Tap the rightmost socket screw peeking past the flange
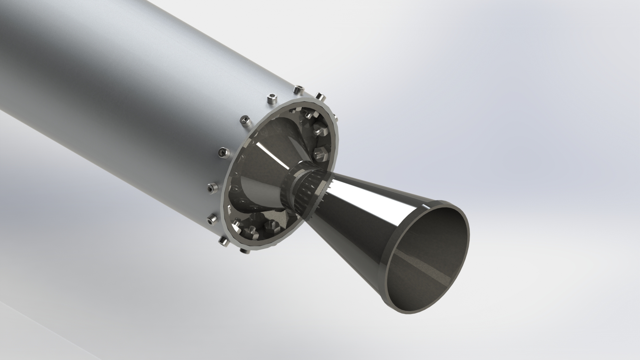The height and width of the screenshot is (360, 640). [320, 97]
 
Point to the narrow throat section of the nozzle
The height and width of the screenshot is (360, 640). [302, 187]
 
